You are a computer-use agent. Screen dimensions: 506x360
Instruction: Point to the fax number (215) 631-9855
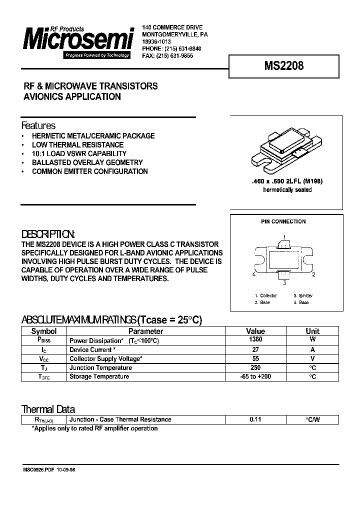click(x=174, y=56)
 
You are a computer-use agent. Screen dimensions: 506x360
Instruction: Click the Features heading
click(x=38, y=125)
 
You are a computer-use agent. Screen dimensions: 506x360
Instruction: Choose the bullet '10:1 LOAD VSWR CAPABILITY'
click(x=79, y=153)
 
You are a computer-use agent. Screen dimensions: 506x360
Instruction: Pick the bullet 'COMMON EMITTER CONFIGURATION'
click(x=89, y=171)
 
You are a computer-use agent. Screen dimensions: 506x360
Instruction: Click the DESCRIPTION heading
click(x=48, y=234)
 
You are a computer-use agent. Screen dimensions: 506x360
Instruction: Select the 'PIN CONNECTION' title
click(x=283, y=221)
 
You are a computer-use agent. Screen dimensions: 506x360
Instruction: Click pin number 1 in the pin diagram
click(x=284, y=236)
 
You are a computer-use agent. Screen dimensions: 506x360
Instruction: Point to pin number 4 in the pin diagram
click(x=254, y=274)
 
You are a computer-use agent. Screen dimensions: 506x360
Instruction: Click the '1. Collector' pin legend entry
click(x=265, y=295)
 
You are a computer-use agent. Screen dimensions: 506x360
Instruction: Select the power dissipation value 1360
click(x=255, y=340)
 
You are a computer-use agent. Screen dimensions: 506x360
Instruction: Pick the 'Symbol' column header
click(x=44, y=331)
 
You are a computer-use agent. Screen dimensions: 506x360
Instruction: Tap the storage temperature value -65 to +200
click(x=255, y=376)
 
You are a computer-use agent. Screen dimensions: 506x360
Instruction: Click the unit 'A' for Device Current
click(x=312, y=350)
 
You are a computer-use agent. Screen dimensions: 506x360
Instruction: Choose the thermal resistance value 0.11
click(x=255, y=420)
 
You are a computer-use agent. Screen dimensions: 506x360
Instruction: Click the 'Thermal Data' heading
click(x=48, y=409)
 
